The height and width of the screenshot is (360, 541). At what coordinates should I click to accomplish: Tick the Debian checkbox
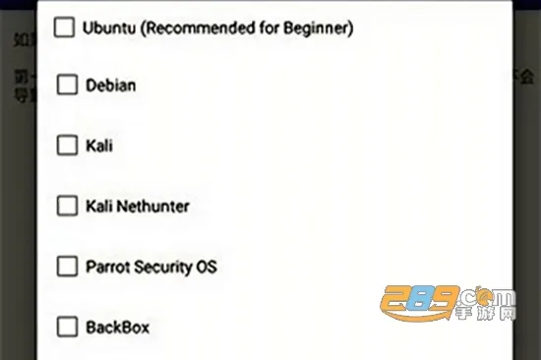67,86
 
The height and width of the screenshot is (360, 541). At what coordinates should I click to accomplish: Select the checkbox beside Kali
67,146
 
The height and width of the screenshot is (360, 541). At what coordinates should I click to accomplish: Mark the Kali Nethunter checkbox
67,207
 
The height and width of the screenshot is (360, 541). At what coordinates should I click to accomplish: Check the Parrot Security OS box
67,267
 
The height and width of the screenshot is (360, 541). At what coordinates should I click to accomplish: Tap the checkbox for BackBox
67,327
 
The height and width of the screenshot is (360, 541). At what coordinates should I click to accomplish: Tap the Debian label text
111,86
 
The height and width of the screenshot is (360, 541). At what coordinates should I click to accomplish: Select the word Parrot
107,267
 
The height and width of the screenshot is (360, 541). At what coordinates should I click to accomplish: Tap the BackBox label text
118,327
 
